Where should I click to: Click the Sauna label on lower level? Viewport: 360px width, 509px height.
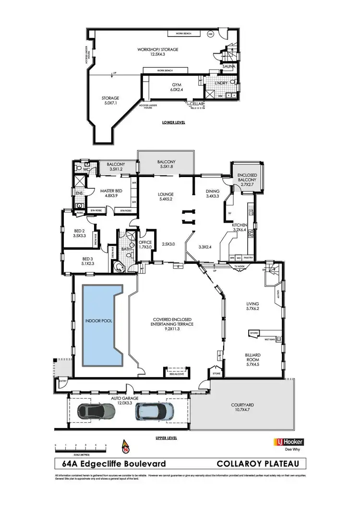[x=228, y=67]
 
